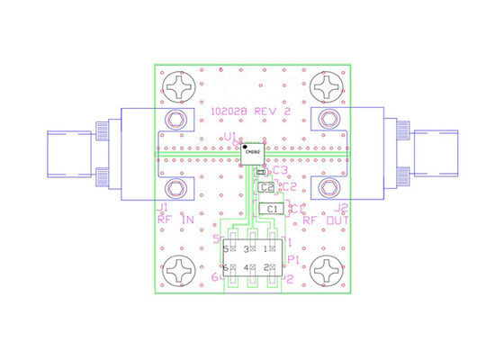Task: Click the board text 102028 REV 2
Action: pyautogui.click(x=250, y=112)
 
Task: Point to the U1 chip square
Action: pyautogui.click(x=253, y=153)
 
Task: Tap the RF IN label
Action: pyautogui.click(x=175, y=219)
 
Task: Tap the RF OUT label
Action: pyautogui.click(x=325, y=219)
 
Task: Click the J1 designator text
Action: pyautogui.click(x=164, y=206)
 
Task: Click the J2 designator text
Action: pyautogui.click(x=341, y=207)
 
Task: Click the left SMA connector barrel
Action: pyautogui.click(x=76, y=154)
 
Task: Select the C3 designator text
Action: pyautogui.click(x=280, y=169)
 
